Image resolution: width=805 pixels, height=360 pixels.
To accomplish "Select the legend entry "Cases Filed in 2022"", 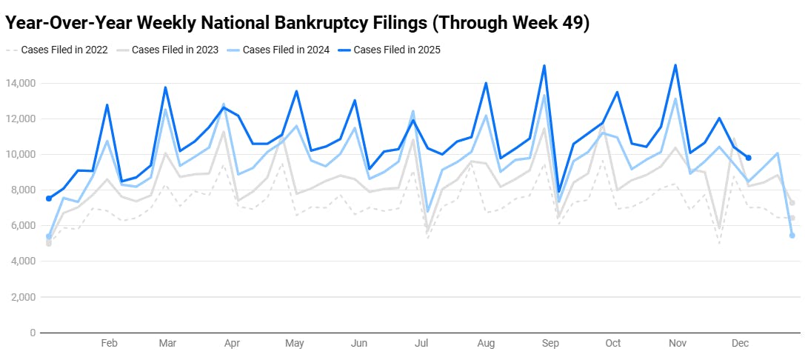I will pos(64,50).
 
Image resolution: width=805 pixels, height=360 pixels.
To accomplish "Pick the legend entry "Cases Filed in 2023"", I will pos(175,50).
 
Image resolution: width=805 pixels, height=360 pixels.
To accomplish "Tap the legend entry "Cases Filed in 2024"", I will pos(286,50).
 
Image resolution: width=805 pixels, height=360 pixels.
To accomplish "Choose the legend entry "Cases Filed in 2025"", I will pos(397,50).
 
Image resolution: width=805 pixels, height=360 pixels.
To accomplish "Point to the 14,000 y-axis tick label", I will pos(20,83).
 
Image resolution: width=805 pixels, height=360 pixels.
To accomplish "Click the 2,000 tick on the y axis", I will pos(23,297).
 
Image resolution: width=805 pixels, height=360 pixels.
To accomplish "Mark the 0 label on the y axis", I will pos(32,333).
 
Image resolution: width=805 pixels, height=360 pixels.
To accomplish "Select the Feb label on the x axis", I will pos(109,344).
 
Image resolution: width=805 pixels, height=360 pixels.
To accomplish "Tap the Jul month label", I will pos(422,344).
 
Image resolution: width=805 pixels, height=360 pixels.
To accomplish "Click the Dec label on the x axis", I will pos(740,344).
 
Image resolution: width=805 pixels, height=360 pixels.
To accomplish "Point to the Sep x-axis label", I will pos(550,344).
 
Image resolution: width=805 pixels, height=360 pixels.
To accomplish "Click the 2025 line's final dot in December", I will pos(749,158).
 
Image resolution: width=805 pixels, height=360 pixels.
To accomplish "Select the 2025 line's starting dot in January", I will pos(49,199).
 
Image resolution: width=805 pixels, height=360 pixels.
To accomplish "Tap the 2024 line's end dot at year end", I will pos(792,236).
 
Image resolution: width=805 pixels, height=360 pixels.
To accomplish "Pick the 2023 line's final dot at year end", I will pos(792,203).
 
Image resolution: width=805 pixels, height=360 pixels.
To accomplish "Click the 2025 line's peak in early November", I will pos(675,65).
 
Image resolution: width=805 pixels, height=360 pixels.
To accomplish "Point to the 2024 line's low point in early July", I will pos(427,212).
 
